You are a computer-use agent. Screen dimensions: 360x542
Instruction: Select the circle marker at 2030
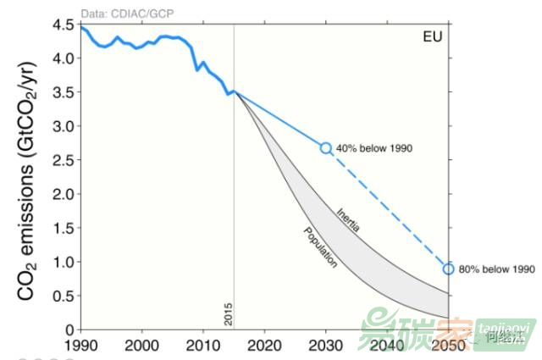(x=326, y=147)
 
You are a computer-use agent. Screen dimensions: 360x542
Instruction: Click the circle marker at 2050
(x=449, y=269)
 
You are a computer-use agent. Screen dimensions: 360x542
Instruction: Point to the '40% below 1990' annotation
(x=373, y=148)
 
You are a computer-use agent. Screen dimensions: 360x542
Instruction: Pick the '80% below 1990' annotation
(x=497, y=269)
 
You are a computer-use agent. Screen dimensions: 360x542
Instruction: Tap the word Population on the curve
(x=320, y=247)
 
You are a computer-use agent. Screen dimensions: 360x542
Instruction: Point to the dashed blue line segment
(x=388, y=208)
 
